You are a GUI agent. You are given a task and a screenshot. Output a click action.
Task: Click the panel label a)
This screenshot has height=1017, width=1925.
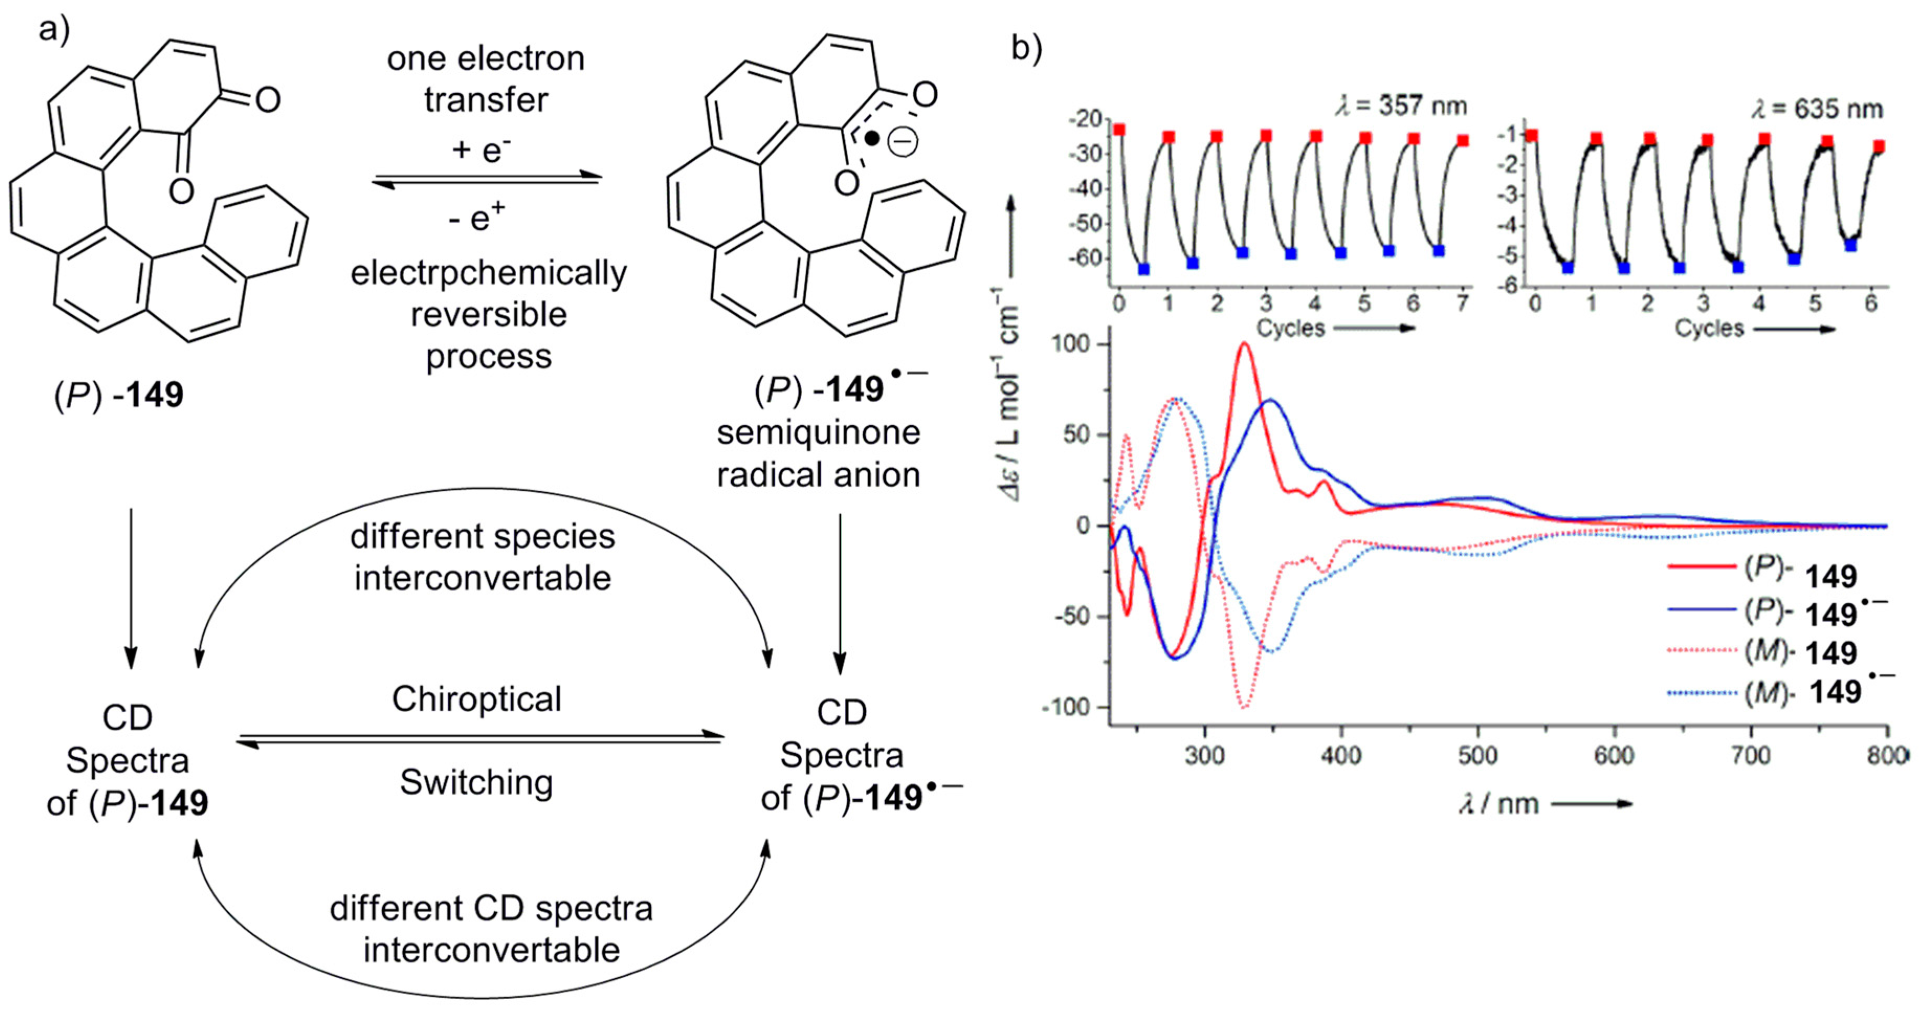[x=54, y=30]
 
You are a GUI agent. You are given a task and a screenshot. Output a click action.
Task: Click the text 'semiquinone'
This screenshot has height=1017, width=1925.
[x=818, y=433]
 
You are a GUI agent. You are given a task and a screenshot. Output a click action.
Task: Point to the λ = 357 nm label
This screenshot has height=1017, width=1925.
[x=1401, y=106]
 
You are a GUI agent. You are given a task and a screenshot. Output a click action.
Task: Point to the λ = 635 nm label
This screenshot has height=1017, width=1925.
[x=1817, y=109]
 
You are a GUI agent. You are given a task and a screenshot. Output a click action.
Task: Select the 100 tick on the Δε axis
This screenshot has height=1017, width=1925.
[x=1072, y=345]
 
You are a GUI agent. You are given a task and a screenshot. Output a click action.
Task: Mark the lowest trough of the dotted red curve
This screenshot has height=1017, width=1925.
[x=1244, y=705]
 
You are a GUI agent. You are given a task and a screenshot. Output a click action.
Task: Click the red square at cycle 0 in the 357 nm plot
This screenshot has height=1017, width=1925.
[x=1119, y=130]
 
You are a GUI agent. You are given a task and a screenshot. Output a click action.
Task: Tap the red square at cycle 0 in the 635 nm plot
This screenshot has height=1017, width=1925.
[x=1532, y=135]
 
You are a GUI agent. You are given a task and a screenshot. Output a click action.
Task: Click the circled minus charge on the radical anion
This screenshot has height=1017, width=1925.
[x=903, y=142]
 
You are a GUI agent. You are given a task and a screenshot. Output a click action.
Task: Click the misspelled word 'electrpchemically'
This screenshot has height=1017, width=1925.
[x=489, y=273]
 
